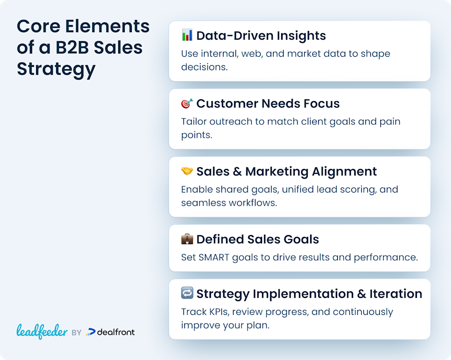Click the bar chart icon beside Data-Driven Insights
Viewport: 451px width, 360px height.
187,35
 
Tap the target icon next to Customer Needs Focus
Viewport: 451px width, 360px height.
187,103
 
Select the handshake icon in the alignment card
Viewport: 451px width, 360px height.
187,171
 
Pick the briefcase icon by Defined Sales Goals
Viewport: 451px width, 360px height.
187,239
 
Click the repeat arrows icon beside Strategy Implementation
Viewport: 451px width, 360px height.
187,293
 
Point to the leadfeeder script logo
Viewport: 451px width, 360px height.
42,331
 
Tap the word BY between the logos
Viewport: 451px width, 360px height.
77,333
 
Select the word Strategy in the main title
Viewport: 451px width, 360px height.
56,70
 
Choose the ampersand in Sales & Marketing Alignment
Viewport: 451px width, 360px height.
238,172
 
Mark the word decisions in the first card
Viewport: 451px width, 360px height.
204,67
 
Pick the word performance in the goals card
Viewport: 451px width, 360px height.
386,258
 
